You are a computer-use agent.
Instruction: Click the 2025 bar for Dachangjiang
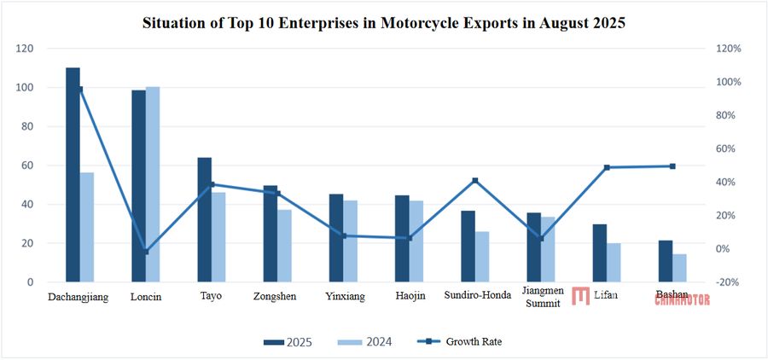73,175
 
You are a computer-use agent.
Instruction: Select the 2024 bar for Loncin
153,184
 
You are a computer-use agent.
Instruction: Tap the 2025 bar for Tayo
205,219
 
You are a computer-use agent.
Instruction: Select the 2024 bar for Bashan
679,268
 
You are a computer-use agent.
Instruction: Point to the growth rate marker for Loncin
146,252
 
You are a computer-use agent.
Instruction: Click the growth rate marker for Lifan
607,167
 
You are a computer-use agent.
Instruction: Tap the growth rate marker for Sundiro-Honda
475,180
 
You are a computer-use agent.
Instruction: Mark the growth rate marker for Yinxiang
343,235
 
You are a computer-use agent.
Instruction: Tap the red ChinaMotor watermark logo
581,296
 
